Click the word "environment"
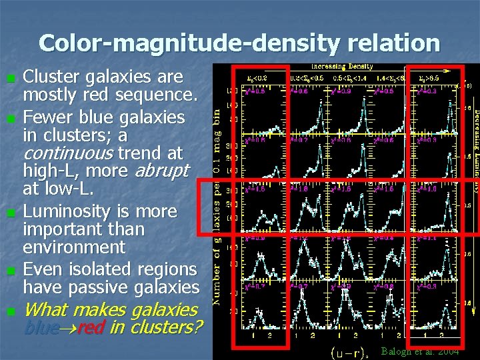coord(74,247)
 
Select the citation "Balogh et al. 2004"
coord(419,351)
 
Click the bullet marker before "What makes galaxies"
coord(9,311)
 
